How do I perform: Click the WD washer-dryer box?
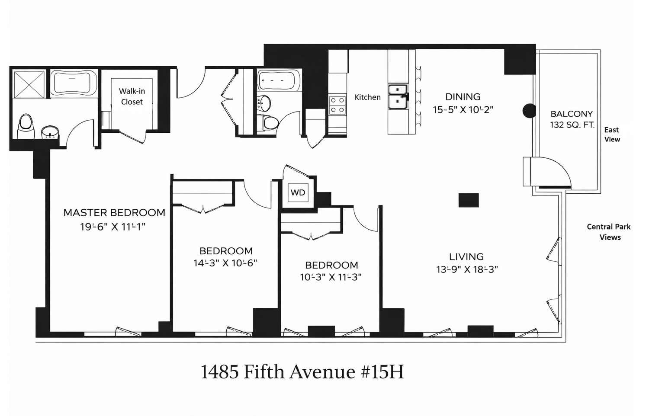coord(298,193)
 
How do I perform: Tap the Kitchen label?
coord(367,97)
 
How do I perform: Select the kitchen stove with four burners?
coord(337,105)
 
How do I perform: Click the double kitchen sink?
coord(398,96)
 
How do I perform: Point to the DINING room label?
coord(463,97)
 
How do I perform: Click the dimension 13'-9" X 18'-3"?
coord(467,269)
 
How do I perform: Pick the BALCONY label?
coord(571,114)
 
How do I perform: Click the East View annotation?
coord(612,134)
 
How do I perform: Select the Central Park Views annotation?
coord(609,232)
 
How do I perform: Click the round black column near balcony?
coord(529,111)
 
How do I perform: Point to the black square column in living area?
coord(469,200)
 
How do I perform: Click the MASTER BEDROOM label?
coord(114,213)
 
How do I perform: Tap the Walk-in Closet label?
coord(132,96)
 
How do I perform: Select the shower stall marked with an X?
coord(29,84)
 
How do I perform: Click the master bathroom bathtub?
coord(74,83)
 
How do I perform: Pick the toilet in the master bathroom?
coord(26,126)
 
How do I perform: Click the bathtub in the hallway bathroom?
coord(279,80)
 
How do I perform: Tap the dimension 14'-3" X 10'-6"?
coord(225,263)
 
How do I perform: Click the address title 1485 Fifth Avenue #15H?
coord(302,372)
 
